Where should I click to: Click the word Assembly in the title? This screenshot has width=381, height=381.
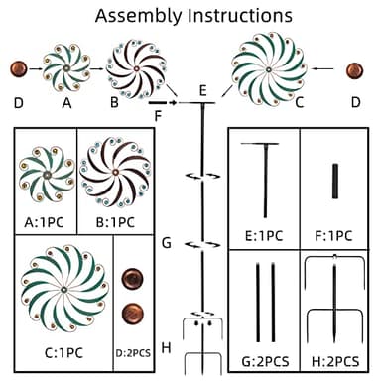139,16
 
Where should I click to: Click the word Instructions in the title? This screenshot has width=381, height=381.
240,15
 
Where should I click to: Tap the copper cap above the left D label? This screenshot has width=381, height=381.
19,69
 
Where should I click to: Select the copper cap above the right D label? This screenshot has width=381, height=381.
355,70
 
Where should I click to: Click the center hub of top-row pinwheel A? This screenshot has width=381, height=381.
66,68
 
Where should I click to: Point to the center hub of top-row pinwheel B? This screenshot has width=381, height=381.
136,68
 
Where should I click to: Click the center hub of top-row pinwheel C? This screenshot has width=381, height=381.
269,69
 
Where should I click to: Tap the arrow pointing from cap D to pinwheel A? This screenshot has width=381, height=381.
36,69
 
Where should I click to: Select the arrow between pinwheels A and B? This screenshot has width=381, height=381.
96,68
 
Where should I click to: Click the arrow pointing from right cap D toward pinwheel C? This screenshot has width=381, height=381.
322,68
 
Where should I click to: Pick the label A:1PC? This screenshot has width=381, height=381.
44,222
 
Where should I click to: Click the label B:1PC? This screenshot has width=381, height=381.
115,222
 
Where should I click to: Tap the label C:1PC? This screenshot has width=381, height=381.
63,353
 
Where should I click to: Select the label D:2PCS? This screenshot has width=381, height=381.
133,353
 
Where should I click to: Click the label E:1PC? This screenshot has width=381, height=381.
264,236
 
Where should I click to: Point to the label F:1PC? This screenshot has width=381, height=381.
333,236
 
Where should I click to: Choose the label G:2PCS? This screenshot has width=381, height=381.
265,362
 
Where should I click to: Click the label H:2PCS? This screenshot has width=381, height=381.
335,362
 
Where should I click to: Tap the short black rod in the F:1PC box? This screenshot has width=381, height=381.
335,181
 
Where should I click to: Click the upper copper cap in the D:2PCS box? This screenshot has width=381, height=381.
133,278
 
